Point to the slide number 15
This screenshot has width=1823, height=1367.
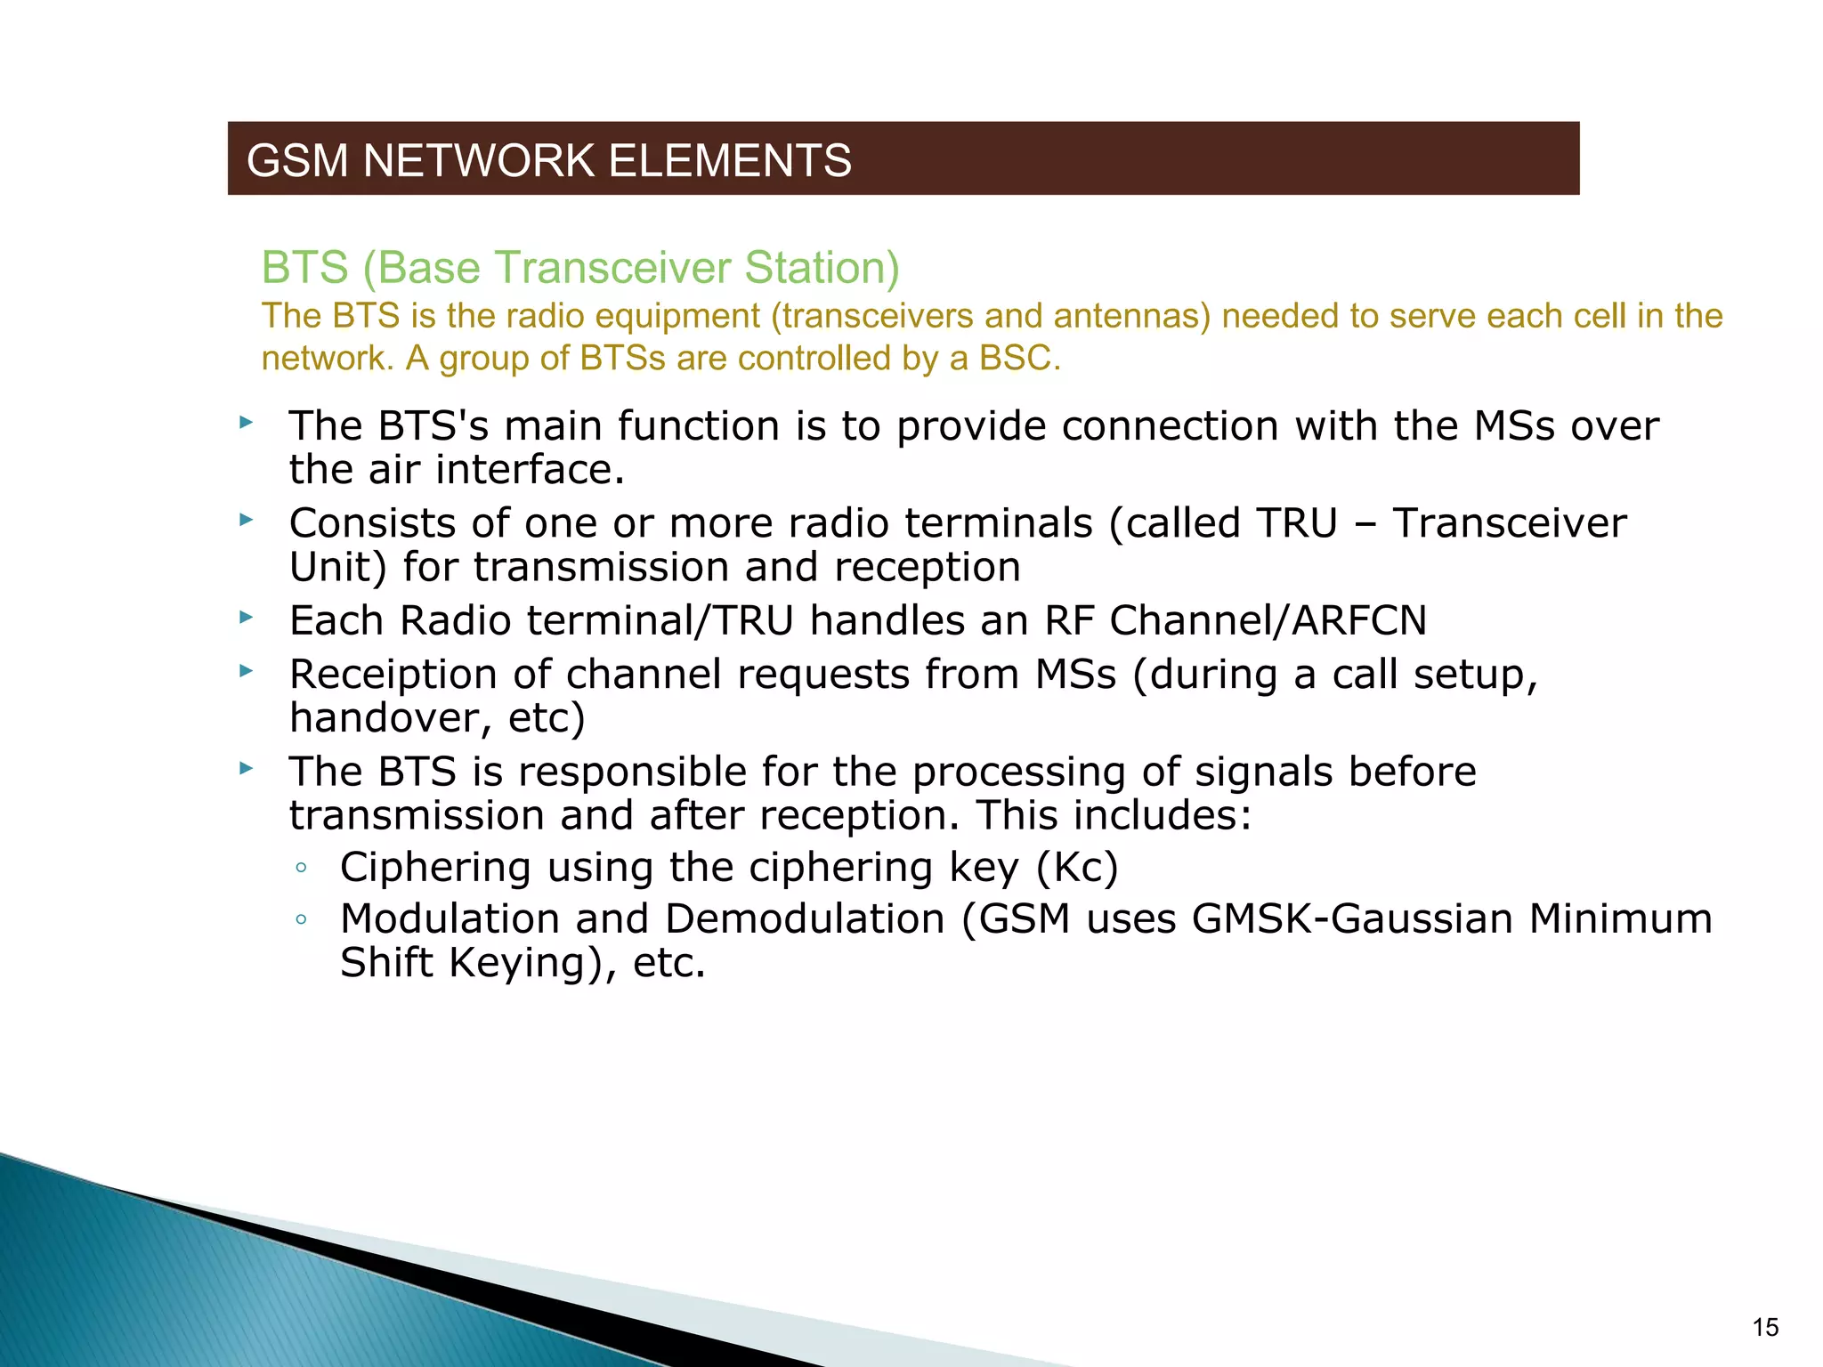[x=1764, y=1328]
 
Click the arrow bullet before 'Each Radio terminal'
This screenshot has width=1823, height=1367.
[x=247, y=617]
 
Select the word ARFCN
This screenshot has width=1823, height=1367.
[x=1358, y=620]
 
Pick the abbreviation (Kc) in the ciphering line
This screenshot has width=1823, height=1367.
[x=1076, y=868]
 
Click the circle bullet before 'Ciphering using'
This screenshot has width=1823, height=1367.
[x=302, y=868]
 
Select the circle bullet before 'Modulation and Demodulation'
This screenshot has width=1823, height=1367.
[x=302, y=919]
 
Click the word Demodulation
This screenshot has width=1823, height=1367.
[x=805, y=919]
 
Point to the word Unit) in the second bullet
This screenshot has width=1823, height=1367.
[x=338, y=568]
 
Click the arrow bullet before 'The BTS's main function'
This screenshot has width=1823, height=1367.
[x=247, y=423]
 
